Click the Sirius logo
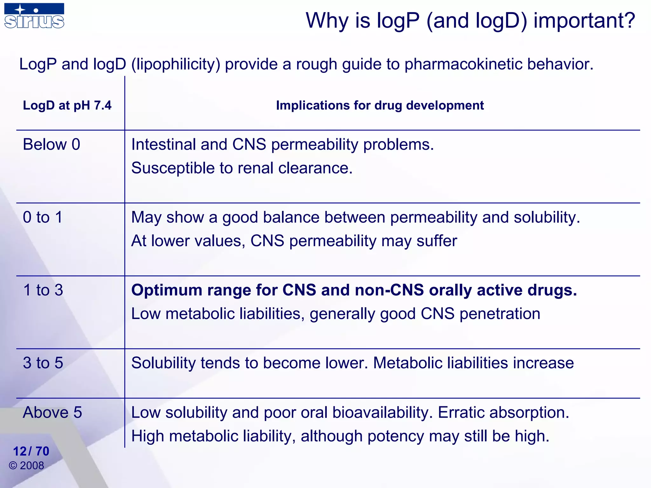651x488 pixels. point(34,16)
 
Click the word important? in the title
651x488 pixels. point(584,21)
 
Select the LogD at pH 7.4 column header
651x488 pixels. point(67,105)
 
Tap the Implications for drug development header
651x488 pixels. point(380,105)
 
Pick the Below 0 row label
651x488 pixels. point(51,145)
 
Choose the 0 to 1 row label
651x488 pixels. point(43,217)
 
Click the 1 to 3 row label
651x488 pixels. point(43,290)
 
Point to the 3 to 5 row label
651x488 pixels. point(43,363)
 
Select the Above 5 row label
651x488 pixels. point(52,412)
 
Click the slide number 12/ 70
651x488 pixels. point(31,451)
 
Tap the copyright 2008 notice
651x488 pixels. point(27,466)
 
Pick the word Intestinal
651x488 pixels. point(163,145)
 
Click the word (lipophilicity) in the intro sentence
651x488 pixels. point(176,64)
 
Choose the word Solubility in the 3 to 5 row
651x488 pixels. point(163,363)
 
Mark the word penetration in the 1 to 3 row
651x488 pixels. point(500,314)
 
